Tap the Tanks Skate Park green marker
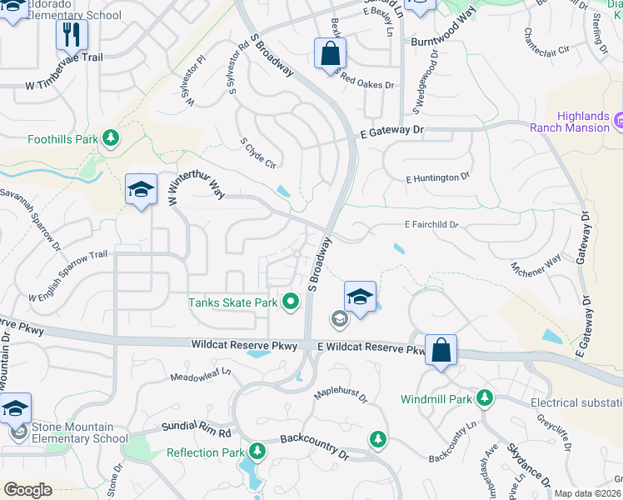click(291, 302)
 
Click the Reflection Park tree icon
click(257, 452)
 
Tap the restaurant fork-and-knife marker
click(72, 35)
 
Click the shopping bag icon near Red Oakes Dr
click(331, 53)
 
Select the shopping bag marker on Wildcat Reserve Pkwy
click(441, 350)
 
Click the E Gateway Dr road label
click(392, 131)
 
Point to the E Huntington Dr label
click(438, 177)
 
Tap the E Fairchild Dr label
click(431, 224)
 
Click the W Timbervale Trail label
click(64, 84)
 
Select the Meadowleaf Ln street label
click(199, 374)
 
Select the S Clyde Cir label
click(257, 153)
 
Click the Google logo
click(27, 490)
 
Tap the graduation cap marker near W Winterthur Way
click(141, 190)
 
